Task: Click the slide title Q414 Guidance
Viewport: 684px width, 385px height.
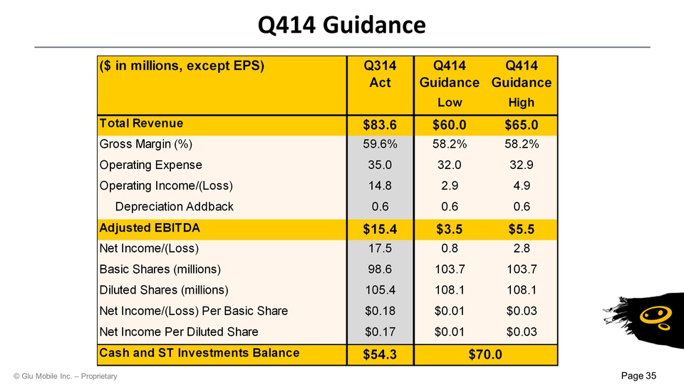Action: pos(341,26)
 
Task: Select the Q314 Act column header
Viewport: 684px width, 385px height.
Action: pos(380,74)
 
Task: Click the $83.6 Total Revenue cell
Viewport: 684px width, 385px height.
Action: pos(380,125)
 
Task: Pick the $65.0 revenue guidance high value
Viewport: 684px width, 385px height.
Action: pos(522,125)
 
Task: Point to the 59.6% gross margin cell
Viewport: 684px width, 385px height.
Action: pos(380,144)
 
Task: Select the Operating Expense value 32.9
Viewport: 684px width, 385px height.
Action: pos(522,165)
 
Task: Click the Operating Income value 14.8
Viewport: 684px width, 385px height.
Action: pos(380,185)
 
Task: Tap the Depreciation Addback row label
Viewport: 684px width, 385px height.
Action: pos(174,207)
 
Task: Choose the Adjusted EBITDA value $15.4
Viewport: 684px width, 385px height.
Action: pos(380,229)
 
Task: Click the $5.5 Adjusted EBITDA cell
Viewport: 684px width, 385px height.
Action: pos(522,229)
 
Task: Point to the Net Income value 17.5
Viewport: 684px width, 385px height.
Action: pos(380,249)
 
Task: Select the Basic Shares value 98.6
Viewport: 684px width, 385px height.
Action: pos(380,269)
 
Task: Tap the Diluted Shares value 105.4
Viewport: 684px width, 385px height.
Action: pos(380,290)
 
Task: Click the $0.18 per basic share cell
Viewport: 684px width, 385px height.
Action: pos(380,311)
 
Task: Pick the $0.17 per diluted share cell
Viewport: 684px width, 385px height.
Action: pos(380,332)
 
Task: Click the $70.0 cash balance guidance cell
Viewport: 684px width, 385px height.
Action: pos(486,354)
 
